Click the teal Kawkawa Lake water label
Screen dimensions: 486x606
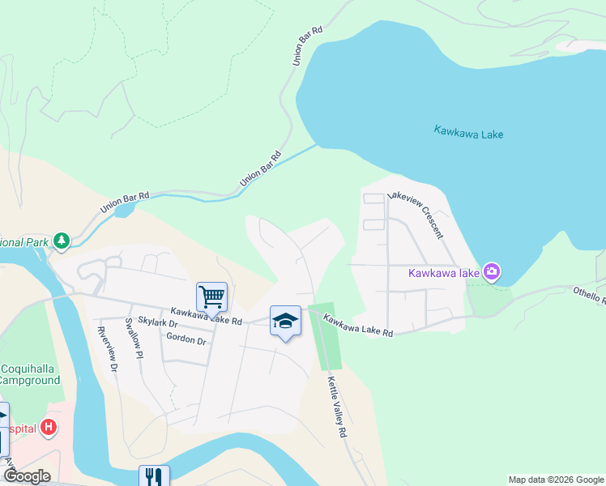pos(468,131)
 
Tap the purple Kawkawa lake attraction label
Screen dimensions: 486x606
pos(444,272)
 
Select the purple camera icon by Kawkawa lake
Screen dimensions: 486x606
pos(491,271)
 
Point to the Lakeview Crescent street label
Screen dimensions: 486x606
pos(416,215)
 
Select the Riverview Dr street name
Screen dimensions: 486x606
pos(108,349)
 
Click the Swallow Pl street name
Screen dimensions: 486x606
pos(134,339)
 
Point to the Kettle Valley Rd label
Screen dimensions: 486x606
pos(336,407)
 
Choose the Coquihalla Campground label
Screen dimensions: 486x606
pos(30,373)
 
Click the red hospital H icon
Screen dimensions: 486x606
pos(49,427)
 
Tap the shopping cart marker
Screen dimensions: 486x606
pos(211,296)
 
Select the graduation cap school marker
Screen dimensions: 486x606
pos(285,321)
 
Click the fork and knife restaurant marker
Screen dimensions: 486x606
pos(154,476)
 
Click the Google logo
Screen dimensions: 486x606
pos(26,476)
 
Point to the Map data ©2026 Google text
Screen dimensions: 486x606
pos(556,480)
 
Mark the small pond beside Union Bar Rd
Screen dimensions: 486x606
pos(125,211)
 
